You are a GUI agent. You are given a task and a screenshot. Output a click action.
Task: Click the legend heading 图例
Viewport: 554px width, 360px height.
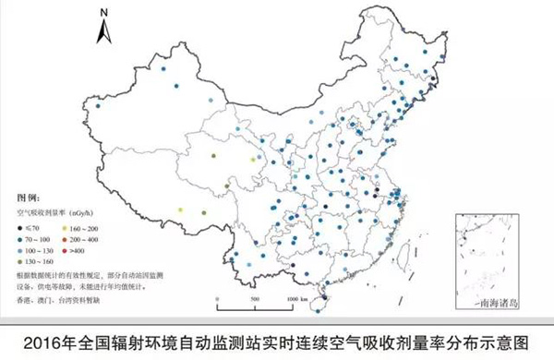[29, 198]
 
